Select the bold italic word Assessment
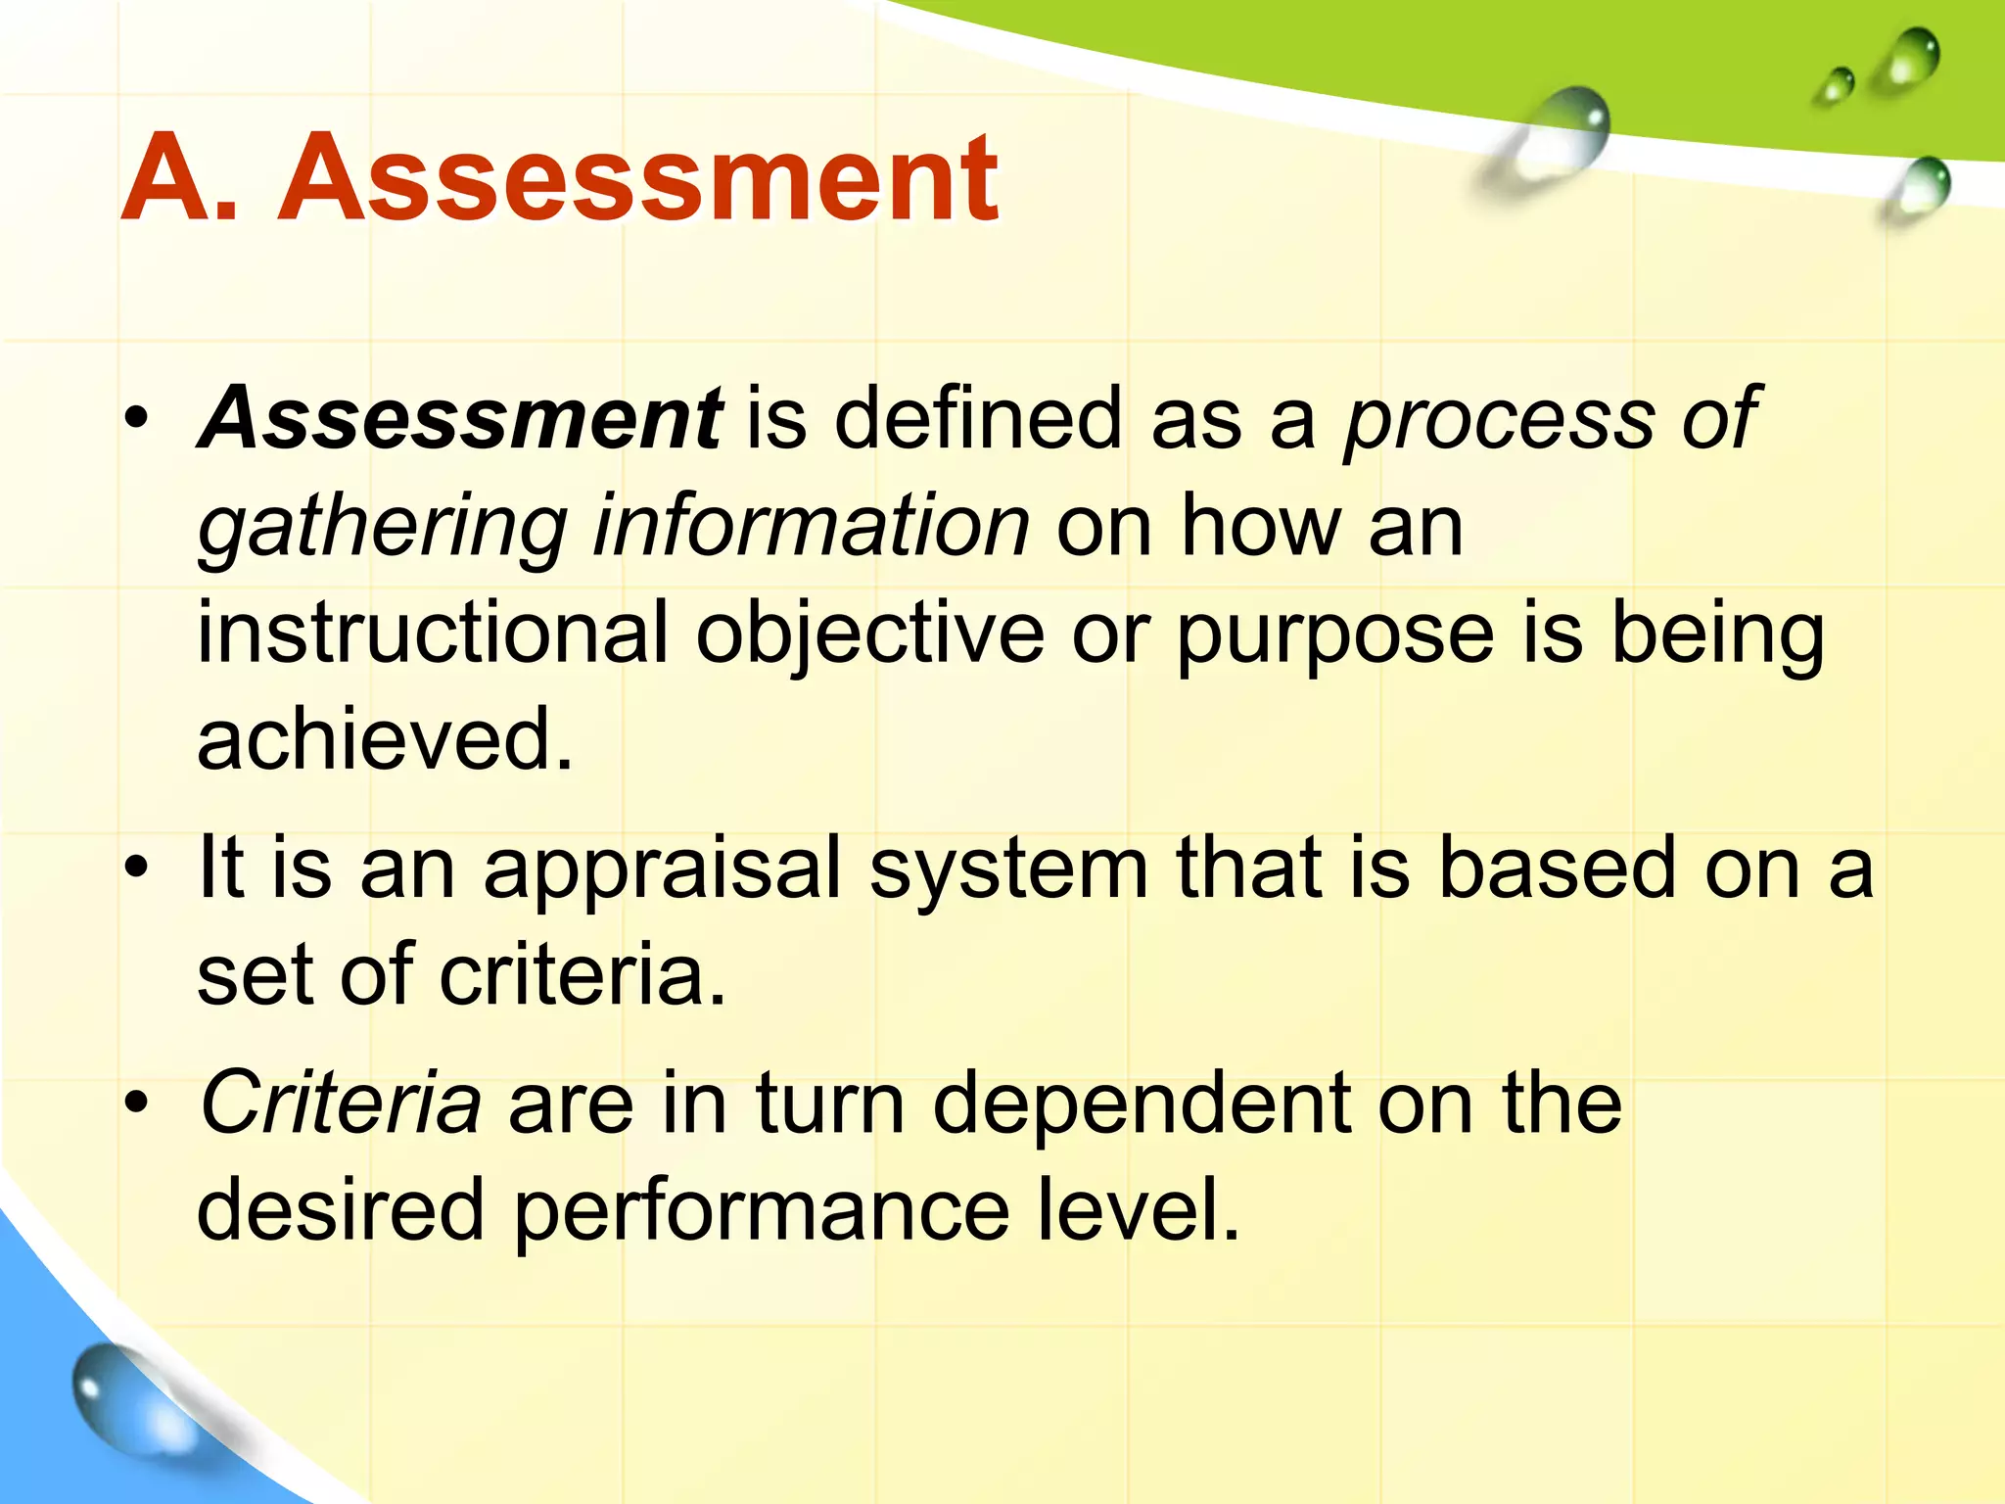point(461,418)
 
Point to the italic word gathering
point(383,529)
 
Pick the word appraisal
point(663,869)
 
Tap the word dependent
point(1142,1104)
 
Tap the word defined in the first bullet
point(978,418)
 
